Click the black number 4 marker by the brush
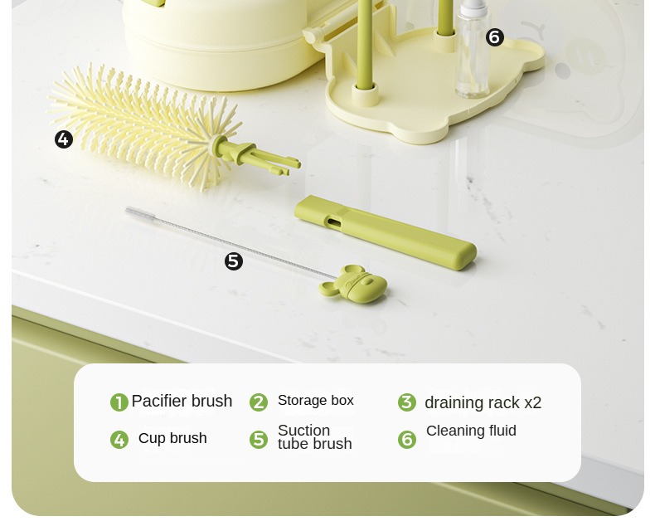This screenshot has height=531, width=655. (64, 139)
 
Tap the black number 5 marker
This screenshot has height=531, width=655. (234, 261)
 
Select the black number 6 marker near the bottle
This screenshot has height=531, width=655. (495, 37)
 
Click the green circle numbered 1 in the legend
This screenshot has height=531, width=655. (119, 402)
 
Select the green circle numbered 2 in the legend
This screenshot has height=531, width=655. (259, 402)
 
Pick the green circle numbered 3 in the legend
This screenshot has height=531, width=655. (406, 402)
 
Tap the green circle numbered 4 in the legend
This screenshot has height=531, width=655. (119, 440)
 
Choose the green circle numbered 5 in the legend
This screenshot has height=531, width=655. (259, 439)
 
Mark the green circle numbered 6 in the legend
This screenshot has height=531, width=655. (406, 439)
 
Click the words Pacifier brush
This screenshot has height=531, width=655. (182, 401)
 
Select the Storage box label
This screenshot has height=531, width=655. (315, 401)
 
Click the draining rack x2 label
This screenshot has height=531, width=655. (483, 402)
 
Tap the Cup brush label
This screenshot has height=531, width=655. (172, 438)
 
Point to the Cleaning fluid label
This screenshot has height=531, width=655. (471, 431)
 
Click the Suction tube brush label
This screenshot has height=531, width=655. (314, 437)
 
